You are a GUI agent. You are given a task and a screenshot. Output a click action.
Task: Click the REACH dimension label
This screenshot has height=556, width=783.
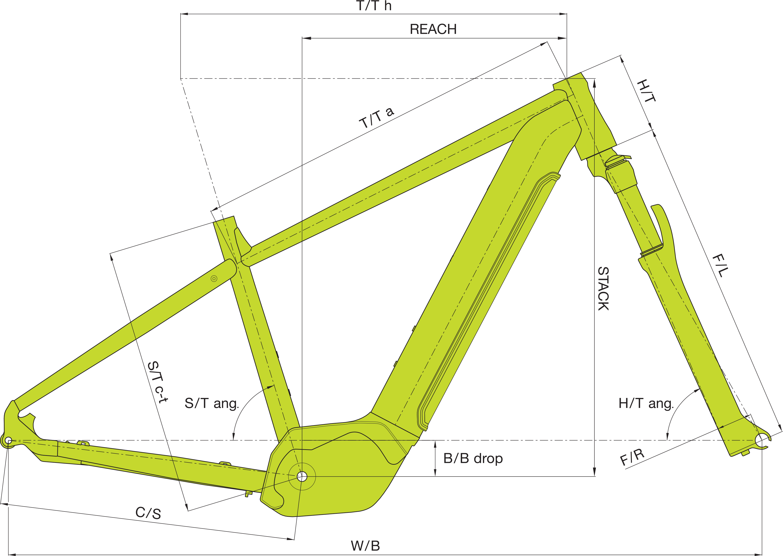pos(433,30)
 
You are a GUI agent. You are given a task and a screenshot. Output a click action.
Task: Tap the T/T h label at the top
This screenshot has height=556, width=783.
pos(374,6)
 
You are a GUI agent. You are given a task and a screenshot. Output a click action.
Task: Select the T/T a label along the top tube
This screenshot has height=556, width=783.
pos(377,117)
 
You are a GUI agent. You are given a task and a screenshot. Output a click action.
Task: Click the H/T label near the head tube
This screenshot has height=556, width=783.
pos(646,91)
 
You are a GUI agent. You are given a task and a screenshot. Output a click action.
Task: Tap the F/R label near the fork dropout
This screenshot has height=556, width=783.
pos(632,457)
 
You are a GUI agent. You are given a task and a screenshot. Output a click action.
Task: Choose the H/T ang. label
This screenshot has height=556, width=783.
pos(646,404)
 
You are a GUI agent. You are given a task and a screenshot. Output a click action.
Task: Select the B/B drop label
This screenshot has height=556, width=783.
pos(473,458)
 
